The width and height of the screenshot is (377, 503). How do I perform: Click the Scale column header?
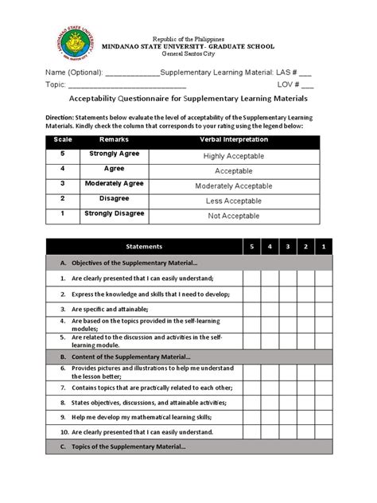click(63, 140)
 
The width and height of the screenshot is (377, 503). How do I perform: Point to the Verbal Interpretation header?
click(234, 140)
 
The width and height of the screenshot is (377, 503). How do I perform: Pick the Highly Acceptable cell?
click(234, 156)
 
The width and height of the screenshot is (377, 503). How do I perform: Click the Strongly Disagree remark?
click(116, 213)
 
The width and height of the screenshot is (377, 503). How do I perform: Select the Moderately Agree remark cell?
click(116, 183)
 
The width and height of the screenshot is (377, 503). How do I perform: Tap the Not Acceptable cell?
click(234, 215)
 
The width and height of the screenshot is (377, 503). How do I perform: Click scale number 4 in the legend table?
click(63, 169)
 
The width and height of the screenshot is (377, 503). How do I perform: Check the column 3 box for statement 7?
click(287, 386)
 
